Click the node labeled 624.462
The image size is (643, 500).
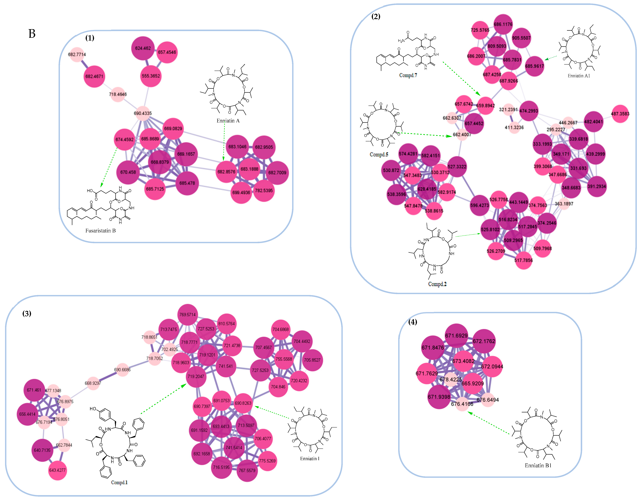(x=143, y=48)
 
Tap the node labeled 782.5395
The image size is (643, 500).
(x=264, y=191)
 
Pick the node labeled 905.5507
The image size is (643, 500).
(x=521, y=38)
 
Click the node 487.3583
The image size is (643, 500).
(x=620, y=114)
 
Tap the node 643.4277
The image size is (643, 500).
(x=57, y=470)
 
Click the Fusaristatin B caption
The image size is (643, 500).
(x=100, y=231)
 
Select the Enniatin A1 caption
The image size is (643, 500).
(x=579, y=76)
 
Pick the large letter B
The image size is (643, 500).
(x=32, y=34)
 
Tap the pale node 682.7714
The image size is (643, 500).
(x=77, y=54)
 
